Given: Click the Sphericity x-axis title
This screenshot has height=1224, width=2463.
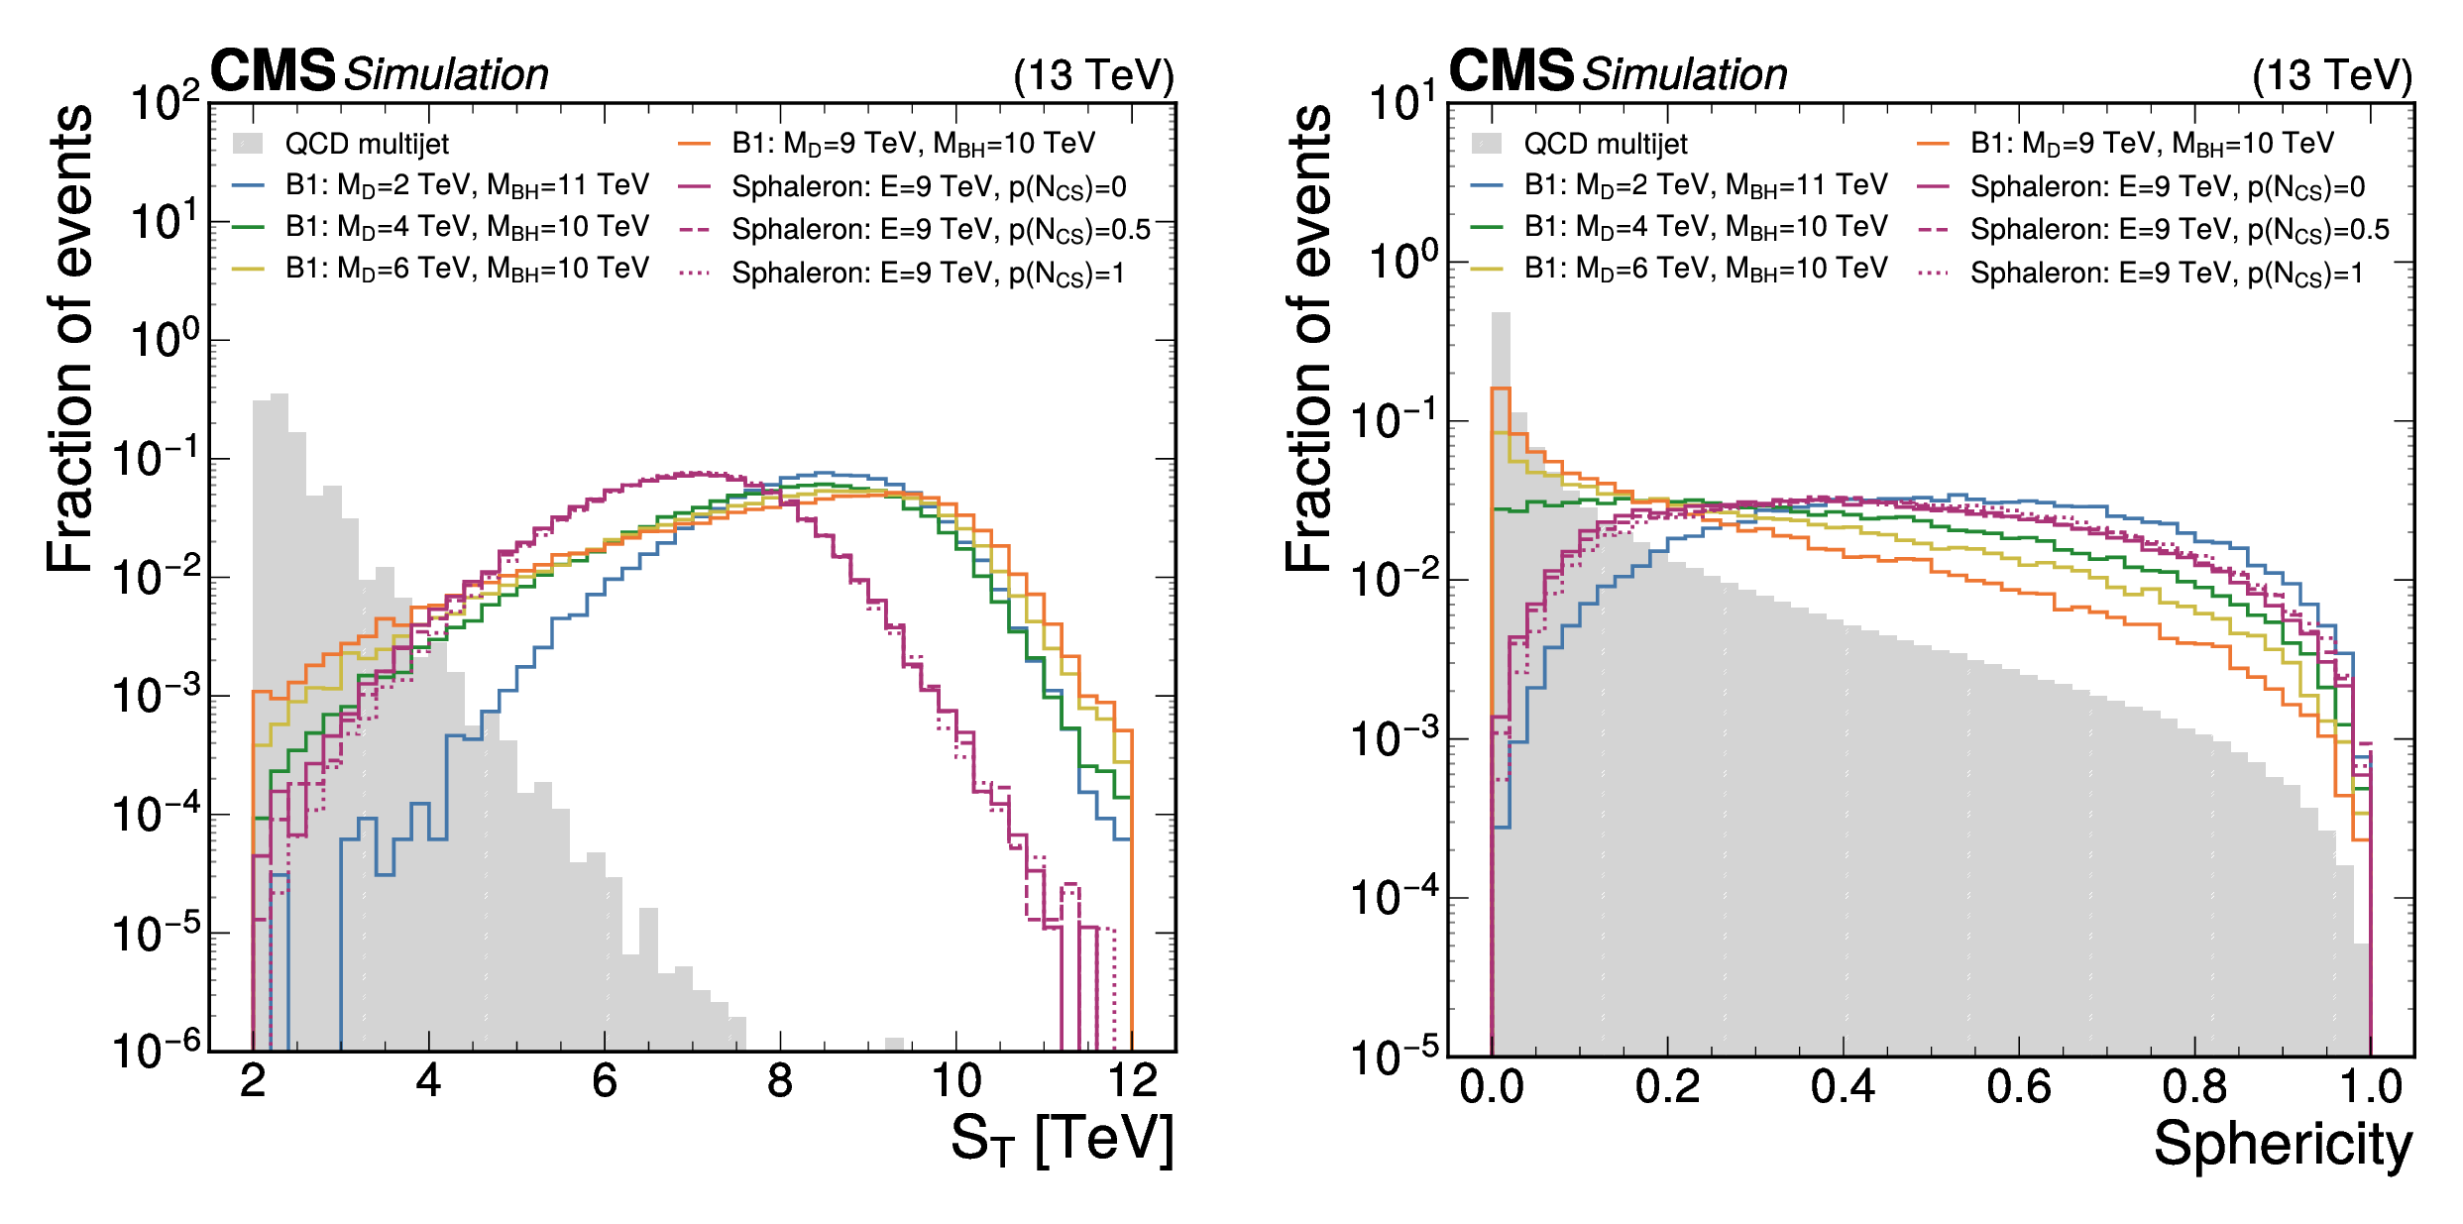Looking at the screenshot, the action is [x=2284, y=1145].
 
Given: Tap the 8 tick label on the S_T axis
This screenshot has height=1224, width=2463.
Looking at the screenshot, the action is [x=780, y=1081].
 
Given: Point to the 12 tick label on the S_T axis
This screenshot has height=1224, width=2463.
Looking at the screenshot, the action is [x=1132, y=1081].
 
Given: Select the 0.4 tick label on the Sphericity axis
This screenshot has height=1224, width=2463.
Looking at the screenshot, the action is [x=1843, y=1087].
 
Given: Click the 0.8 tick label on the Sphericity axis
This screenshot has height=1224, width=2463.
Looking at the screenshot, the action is [x=2194, y=1087].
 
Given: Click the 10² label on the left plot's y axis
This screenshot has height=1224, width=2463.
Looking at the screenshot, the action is [x=165, y=102].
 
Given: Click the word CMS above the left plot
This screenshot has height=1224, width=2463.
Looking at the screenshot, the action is [x=273, y=71].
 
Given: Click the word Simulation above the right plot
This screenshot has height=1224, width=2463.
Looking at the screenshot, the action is [x=1685, y=74].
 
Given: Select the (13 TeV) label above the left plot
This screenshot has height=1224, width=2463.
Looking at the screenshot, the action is [x=1094, y=75].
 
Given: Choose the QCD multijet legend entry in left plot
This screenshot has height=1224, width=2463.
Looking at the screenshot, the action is [x=341, y=145].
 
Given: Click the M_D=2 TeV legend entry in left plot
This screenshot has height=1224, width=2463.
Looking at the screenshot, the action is [x=441, y=185].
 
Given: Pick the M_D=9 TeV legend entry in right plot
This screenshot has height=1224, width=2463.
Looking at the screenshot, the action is [x=2125, y=145].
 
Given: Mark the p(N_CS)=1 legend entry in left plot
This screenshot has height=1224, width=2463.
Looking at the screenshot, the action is [x=902, y=273].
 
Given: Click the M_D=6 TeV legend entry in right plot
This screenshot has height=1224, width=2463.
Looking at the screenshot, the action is [x=1680, y=269].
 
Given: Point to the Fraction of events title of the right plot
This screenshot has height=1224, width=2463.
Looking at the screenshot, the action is [x=1308, y=338].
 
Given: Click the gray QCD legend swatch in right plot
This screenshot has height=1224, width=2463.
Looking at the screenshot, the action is [x=1487, y=144].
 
